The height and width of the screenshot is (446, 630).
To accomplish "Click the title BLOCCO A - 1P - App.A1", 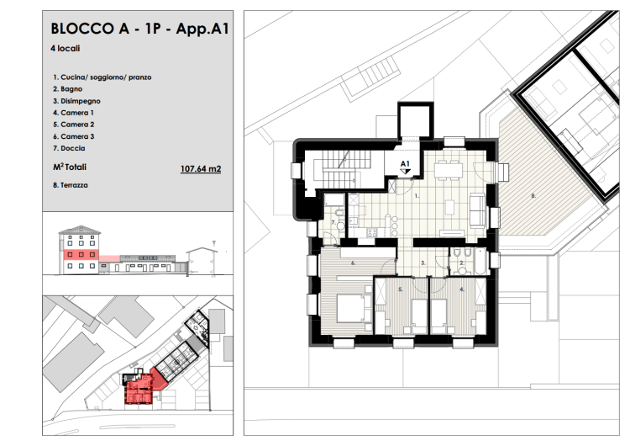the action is pyautogui.click(x=139, y=29).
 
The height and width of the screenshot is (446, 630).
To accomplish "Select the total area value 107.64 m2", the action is pyautogui.click(x=201, y=168).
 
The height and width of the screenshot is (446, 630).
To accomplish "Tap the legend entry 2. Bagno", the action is pyautogui.click(x=67, y=89).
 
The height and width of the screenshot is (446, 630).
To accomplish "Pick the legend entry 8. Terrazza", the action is pyautogui.click(x=71, y=185).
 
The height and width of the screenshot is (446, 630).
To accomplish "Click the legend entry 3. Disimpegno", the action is pyautogui.click(x=76, y=101).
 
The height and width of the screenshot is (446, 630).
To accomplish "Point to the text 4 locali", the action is pyautogui.click(x=65, y=48).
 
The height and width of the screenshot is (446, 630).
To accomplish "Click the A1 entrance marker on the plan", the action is pyautogui.click(x=405, y=167).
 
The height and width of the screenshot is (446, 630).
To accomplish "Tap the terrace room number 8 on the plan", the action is pyautogui.click(x=533, y=196).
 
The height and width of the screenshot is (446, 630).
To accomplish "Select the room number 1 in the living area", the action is pyautogui.click(x=417, y=196).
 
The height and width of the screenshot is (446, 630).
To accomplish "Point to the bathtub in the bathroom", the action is pyautogui.click(x=480, y=261).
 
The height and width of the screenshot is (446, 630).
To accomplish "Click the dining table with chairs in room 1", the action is pyautogui.click(x=449, y=170).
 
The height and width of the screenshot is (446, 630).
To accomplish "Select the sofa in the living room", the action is pyautogui.click(x=477, y=210).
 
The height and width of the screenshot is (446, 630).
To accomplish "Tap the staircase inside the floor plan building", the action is pyautogui.click(x=339, y=167).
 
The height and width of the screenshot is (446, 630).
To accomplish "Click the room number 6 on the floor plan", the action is pyautogui.click(x=353, y=263).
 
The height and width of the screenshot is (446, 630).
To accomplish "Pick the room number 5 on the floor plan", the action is pyautogui.click(x=401, y=289).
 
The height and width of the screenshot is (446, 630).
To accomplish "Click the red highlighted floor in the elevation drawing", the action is pyautogui.click(x=81, y=255).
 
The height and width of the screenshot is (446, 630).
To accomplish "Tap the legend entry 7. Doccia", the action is pyautogui.click(x=69, y=148).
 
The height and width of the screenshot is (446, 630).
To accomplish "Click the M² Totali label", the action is pyautogui.click(x=70, y=167).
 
